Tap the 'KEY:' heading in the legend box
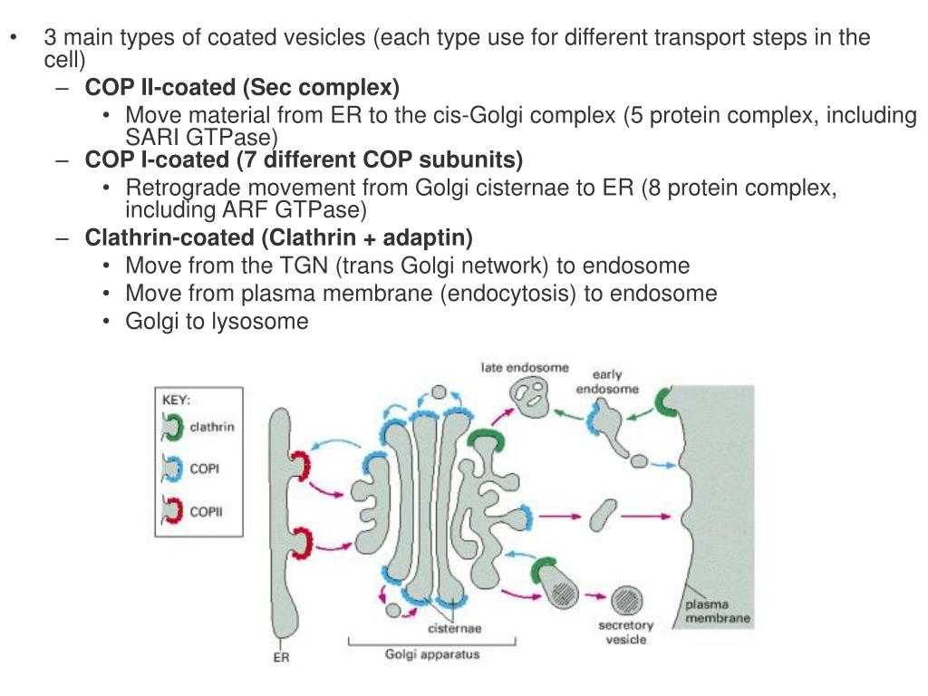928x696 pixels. click(x=176, y=400)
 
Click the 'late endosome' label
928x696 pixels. click(x=525, y=368)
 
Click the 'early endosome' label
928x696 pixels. click(x=607, y=382)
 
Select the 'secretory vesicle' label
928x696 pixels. click(x=625, y=633)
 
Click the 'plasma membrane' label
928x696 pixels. click(x=717, y=612)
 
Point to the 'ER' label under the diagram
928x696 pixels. click(x=282, y=658)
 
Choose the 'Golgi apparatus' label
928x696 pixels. click(x=432, y=654)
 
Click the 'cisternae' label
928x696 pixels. click(x=454, y=628)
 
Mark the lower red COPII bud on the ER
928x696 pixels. click(x=299, y=544)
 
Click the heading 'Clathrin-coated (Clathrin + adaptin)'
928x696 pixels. click(x=278, y=238)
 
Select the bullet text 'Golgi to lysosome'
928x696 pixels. click(x=217, y=321)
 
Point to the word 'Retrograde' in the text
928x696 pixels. click(x=177, y=188)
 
